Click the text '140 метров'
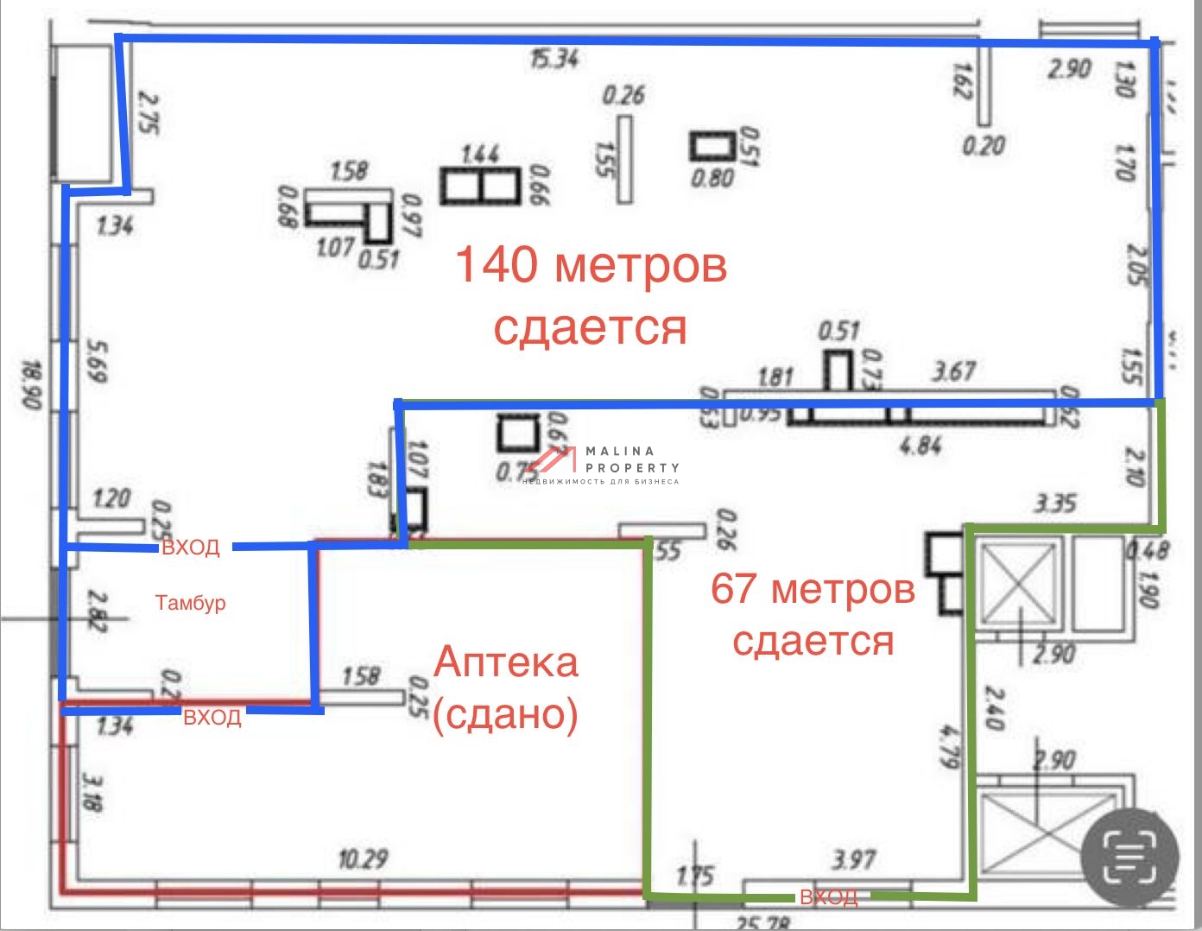591,264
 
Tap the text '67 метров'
813,589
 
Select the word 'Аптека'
506,662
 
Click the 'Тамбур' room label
190,602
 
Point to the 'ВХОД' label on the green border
828,897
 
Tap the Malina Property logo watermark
604,465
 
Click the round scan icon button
1129,854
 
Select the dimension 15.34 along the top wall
554,59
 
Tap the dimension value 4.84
920,446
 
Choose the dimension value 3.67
953,371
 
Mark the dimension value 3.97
854,859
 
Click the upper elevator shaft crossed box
1019,583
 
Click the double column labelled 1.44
480,186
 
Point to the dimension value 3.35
1054,503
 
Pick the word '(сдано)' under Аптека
506,714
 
